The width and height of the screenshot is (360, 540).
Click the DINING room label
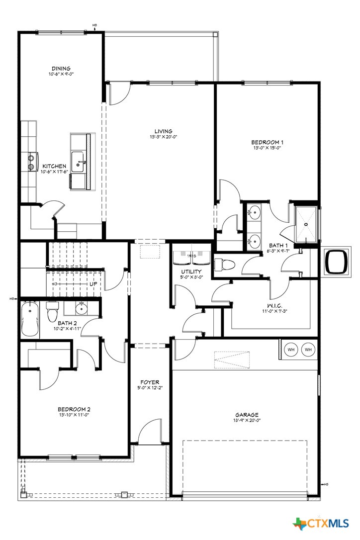tap(61, 69)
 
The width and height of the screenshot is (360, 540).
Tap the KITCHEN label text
tap(54, 166)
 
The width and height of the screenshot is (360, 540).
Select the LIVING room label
tap(161, 131)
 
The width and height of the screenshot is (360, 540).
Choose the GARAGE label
tap(247, 415)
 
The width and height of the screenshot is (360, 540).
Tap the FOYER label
tap(150, 382)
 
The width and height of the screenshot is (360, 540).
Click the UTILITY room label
tap(190, 271)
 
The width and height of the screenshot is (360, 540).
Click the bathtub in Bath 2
tap(30, 319)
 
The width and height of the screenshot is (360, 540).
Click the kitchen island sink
tap(78, 162)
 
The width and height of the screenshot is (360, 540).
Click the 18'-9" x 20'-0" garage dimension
tap(247, 420)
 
